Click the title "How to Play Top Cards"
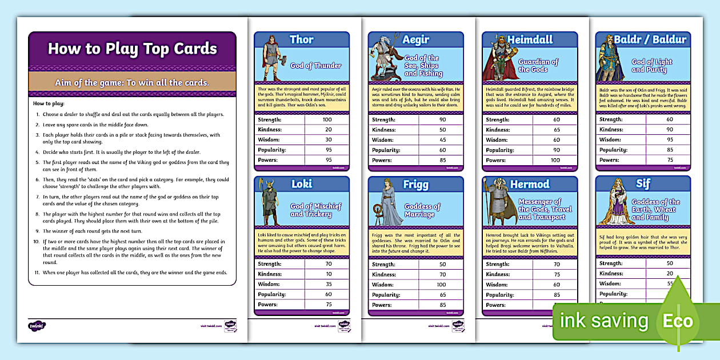point(132,49)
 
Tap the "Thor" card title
point(301,39)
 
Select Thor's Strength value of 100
point(327,119)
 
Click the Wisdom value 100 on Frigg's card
point(441,285)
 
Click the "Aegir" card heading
point(415,39)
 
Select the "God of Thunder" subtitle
point(315,66)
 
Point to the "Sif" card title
point(643,183)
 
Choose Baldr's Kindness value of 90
point(669,130)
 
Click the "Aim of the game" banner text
point(132,82)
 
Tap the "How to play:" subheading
point(49,103)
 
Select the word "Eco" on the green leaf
point(677,321)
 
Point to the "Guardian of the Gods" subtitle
point(538,66)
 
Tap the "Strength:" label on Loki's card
point(270,265)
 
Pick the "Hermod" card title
point(530,184)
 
